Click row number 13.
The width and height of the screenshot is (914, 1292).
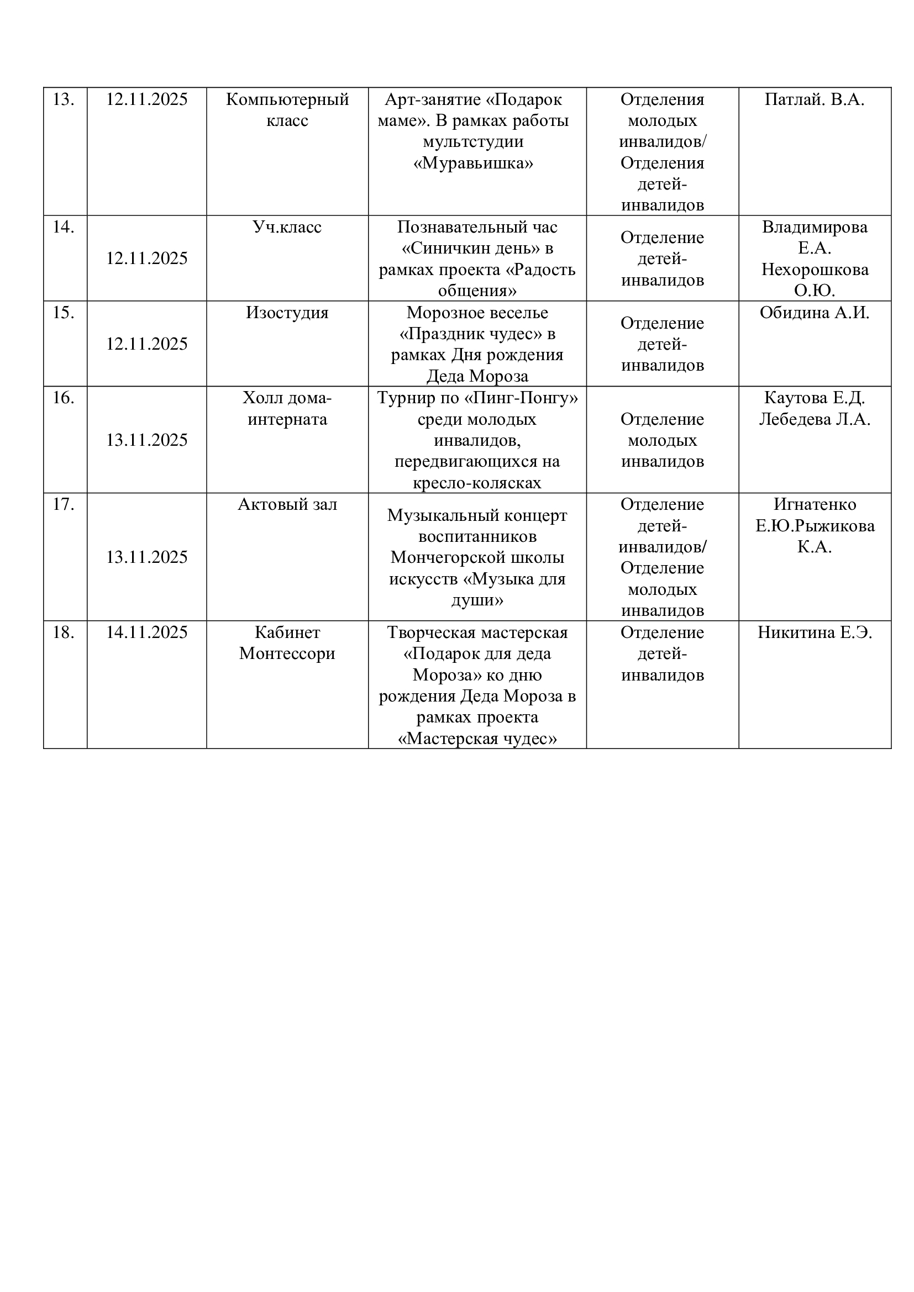[x=64, y=99]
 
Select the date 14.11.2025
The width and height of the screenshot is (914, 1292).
[x=147, y=632]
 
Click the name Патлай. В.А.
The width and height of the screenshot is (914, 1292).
[x=815, y=99]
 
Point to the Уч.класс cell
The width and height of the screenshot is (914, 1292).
[x=287, y=228]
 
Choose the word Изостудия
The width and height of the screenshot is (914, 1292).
[x=287, y=313]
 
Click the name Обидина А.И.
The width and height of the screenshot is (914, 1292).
[x=815, y=313]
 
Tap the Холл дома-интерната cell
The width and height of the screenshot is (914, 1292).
[x=287, y=409]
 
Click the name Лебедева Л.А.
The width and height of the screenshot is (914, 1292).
[x=815, y=419]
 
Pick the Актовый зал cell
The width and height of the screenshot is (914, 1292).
[x=287, y=505]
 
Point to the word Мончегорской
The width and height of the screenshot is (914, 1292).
[x=477, y=558]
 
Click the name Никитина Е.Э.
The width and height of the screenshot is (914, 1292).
[x=815, y=632]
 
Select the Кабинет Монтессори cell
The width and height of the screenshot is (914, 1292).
[x=287, y=642]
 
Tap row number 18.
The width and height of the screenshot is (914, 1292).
[x=64, y=632]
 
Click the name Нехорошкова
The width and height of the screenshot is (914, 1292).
[x=815, y=270]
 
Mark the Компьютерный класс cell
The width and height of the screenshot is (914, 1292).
[x=287, y=110]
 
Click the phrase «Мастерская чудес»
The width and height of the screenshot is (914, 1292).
[x=477, y=739]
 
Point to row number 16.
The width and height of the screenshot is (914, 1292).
[x=64, y=398]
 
